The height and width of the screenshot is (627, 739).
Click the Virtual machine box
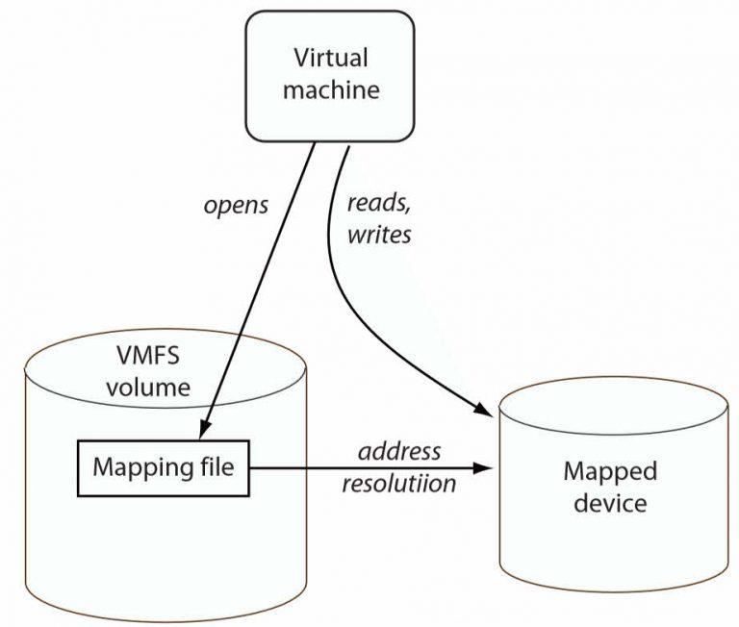tap(330, 74)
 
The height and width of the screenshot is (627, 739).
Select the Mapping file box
tap(164, 468)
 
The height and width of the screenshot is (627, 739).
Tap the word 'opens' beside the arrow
tap(236, 205)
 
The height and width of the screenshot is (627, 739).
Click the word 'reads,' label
tap(379, 205)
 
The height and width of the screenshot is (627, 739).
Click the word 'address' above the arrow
tap(398, 451)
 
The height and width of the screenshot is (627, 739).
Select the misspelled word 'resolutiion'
tap(398, 483)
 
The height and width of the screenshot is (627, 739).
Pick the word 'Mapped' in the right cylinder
tap(610, 471)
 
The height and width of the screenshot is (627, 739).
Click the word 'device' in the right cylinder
tap(610, 502)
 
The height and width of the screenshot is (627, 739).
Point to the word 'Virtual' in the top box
tap(330, 58)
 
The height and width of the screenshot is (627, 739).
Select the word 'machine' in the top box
tap(330, 90)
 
